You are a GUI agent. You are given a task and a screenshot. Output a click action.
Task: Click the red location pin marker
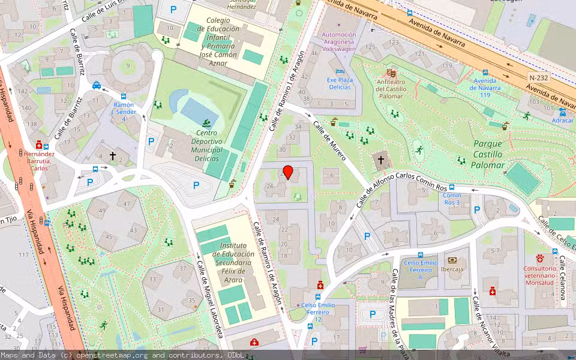[288, 173]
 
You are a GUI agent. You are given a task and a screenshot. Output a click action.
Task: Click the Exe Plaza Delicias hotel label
[340, 83]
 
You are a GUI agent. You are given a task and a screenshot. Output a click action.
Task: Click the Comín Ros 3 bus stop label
[451, 199]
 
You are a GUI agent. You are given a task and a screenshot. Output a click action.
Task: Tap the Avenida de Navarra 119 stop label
[485, 88]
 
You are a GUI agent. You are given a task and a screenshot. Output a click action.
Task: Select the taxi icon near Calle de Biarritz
[97, 86]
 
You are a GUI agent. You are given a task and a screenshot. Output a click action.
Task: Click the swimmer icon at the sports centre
[208, 122]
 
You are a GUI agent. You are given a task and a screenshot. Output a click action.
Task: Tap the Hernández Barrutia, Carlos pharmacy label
[40, 161]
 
